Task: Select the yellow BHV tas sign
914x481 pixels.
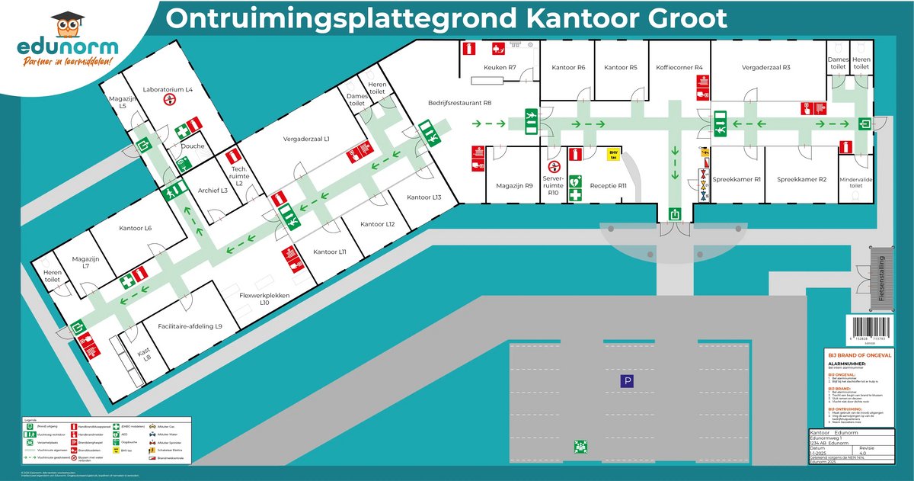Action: [x=612, y=155]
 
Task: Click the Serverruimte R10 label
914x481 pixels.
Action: [x=553, y=184]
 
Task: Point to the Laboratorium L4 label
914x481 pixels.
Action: [x=168, y=90]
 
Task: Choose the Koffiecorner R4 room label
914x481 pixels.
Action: [x=679, y=68]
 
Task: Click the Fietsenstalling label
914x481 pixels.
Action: [x=882, y=279]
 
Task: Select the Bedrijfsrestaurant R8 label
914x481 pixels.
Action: [x=459, y=102]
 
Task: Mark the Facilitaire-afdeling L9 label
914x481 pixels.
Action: [x=190, y=326]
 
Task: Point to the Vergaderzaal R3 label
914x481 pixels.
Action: [x=766, y=68]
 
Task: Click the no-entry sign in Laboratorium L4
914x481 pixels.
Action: [x=166, y=101]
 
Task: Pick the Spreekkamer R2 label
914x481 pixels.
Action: [x=801, y=180]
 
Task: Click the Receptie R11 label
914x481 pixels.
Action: [x=608, y=185]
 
